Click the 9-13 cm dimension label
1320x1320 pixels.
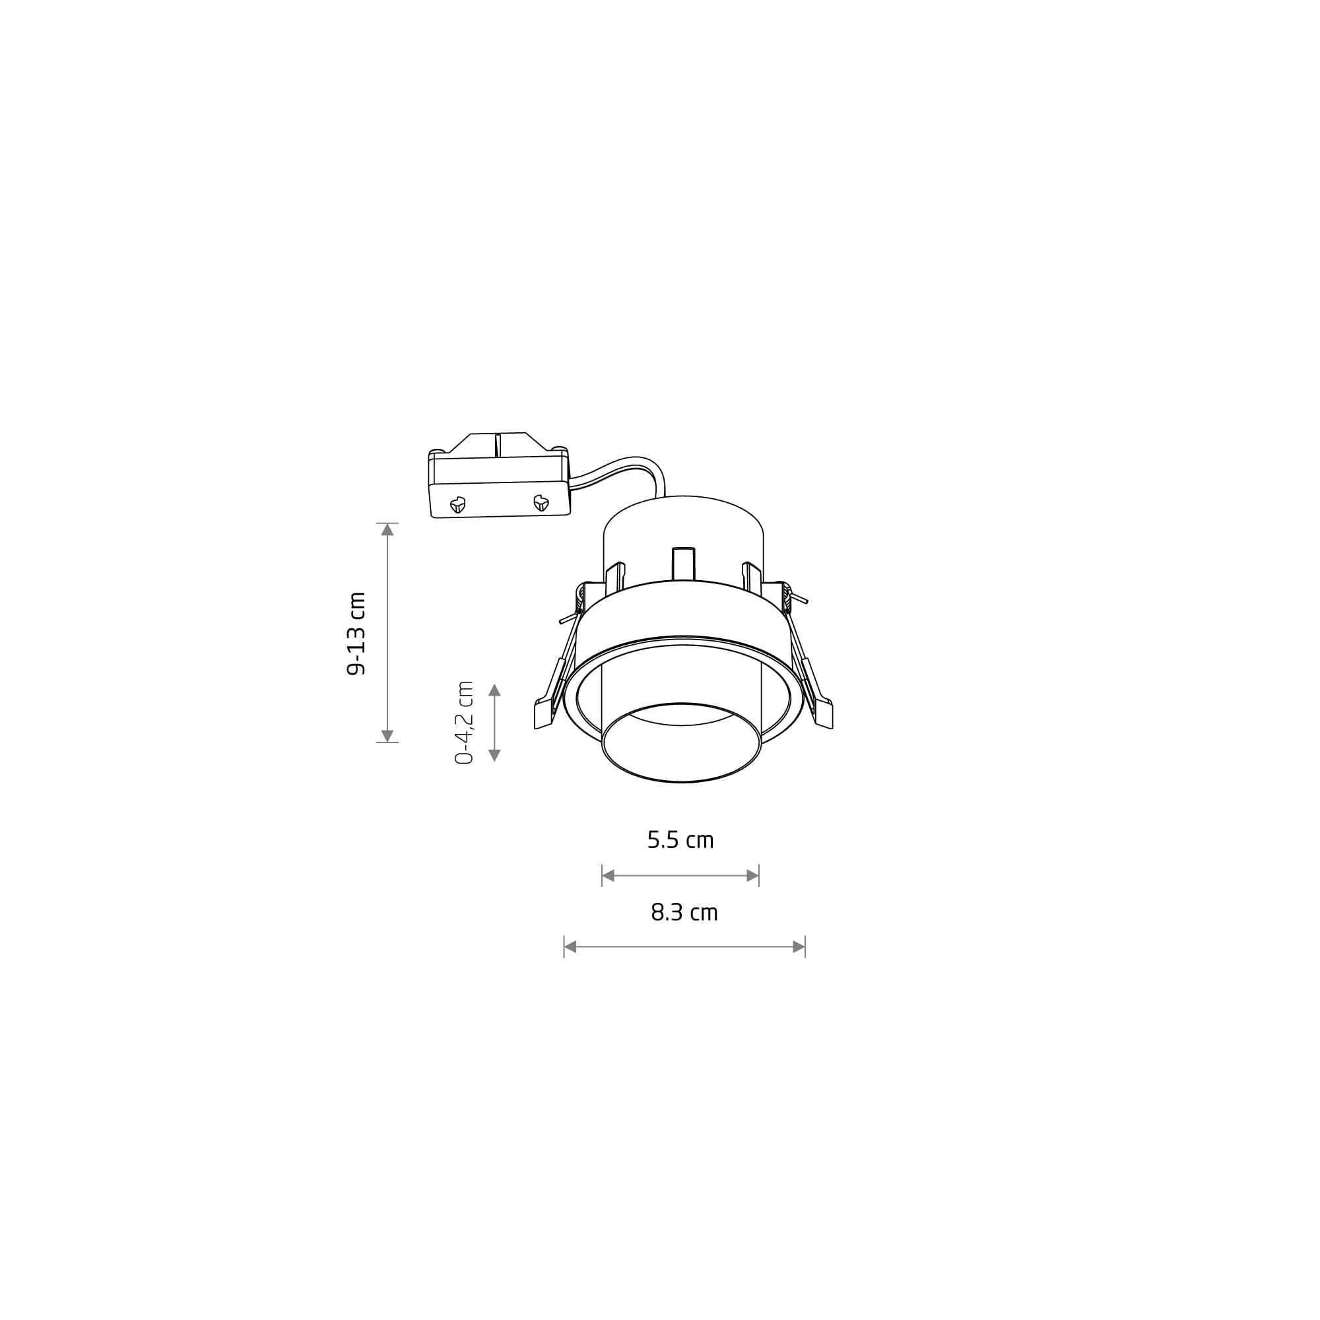coord(356,634)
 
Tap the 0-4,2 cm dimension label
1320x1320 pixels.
coord(464,722)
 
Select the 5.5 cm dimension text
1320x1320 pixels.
coord(680,840)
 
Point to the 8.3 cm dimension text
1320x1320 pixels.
coord(684,912)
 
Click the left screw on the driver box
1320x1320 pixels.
coord(457,505)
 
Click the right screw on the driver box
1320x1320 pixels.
coord(541,503)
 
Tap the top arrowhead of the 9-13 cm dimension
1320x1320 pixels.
coord(387,529)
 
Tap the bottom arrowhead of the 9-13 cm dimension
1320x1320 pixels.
coord(387,736)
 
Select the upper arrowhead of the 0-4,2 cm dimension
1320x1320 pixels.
coord(494,690)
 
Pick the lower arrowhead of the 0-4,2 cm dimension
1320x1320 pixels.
coord(494,755)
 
